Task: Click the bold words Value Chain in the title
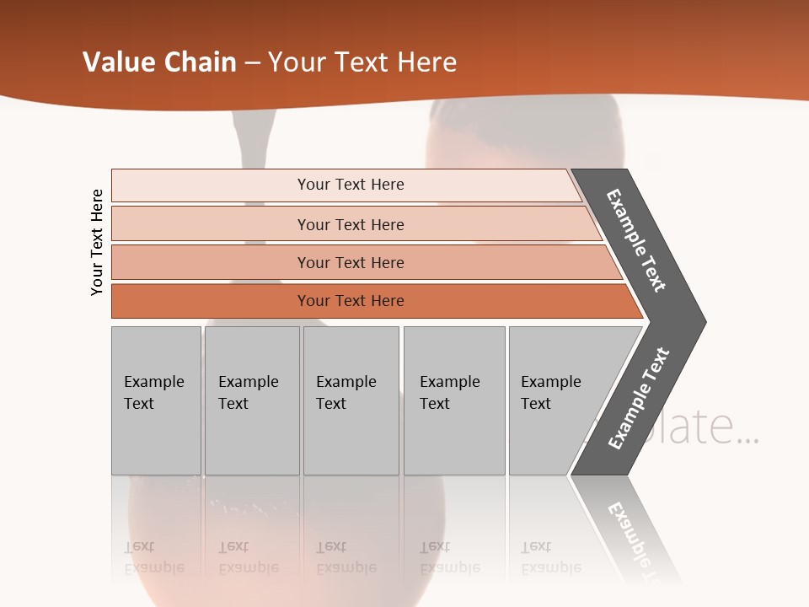(x=159, y=62)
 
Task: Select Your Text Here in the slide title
(x=362, y=62)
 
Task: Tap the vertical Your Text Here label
(x=97, y=242)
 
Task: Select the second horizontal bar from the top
(x=351, y=224)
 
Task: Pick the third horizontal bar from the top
(x=351, y=262)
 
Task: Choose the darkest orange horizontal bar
(x=351, y=301)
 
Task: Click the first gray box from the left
(x=156, y=400)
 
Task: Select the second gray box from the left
(x=252, y=400)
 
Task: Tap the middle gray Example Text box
(x=351, y=400)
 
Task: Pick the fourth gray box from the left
(x=454, y=400)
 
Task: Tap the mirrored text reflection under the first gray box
(x=153, y=557)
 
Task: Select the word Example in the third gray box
(x=346, y=382)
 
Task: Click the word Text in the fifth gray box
(x=535, y=404)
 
